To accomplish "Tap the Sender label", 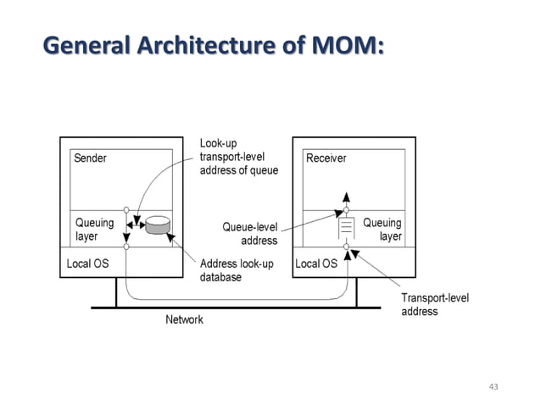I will click(91, 158).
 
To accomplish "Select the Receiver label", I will click(326, 158).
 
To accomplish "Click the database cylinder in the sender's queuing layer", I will click(157, 226).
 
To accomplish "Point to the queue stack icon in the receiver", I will click(346, 228).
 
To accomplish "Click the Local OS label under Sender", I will click(88, 264).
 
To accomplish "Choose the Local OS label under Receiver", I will click(316, 264).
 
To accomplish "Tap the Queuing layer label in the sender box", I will click(95, 230).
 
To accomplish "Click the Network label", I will click(183, 319).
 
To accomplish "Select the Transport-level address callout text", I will click(434, 304).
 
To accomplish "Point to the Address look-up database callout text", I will click(237, 270).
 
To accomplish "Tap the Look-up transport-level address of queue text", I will click(238, 157).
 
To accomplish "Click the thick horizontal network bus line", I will click(237, 306).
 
